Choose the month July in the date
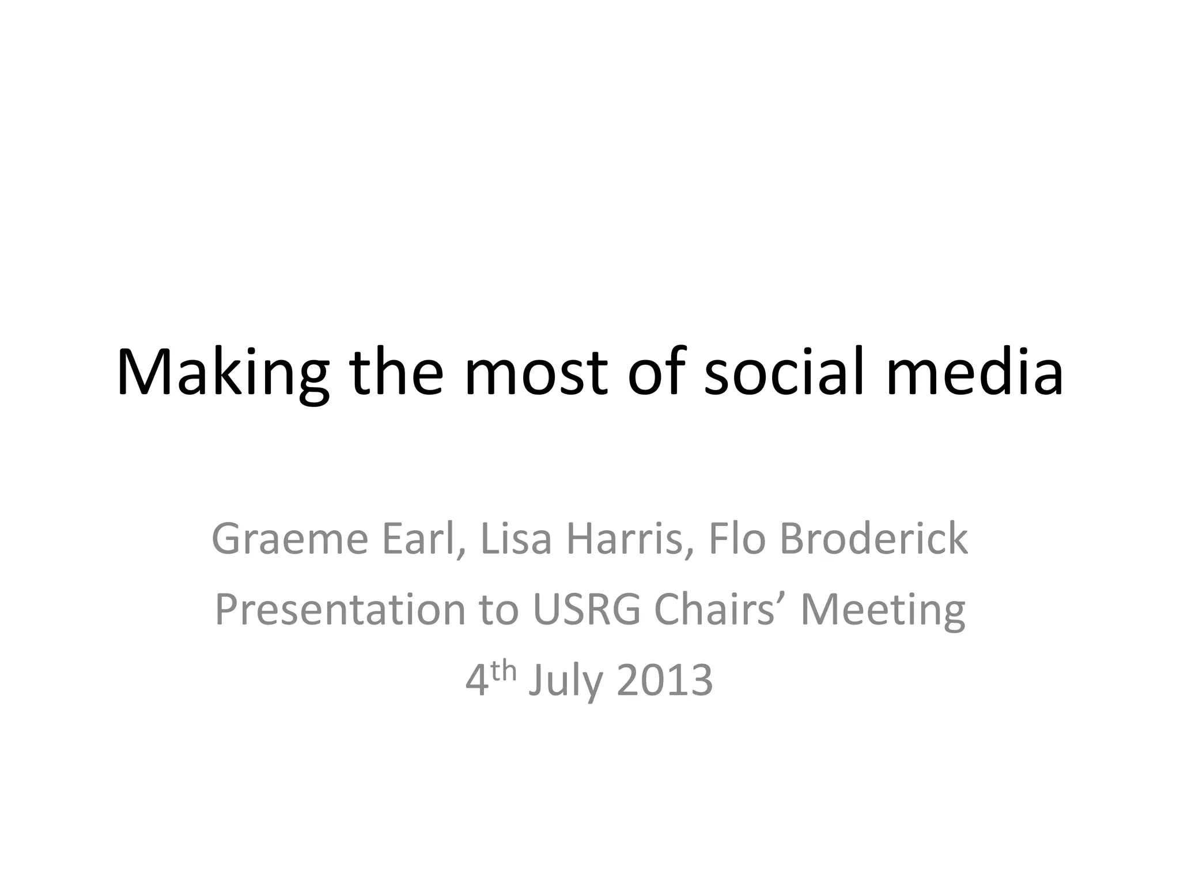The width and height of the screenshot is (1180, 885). point(565,681)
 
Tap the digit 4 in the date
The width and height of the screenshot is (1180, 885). point(476,681)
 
